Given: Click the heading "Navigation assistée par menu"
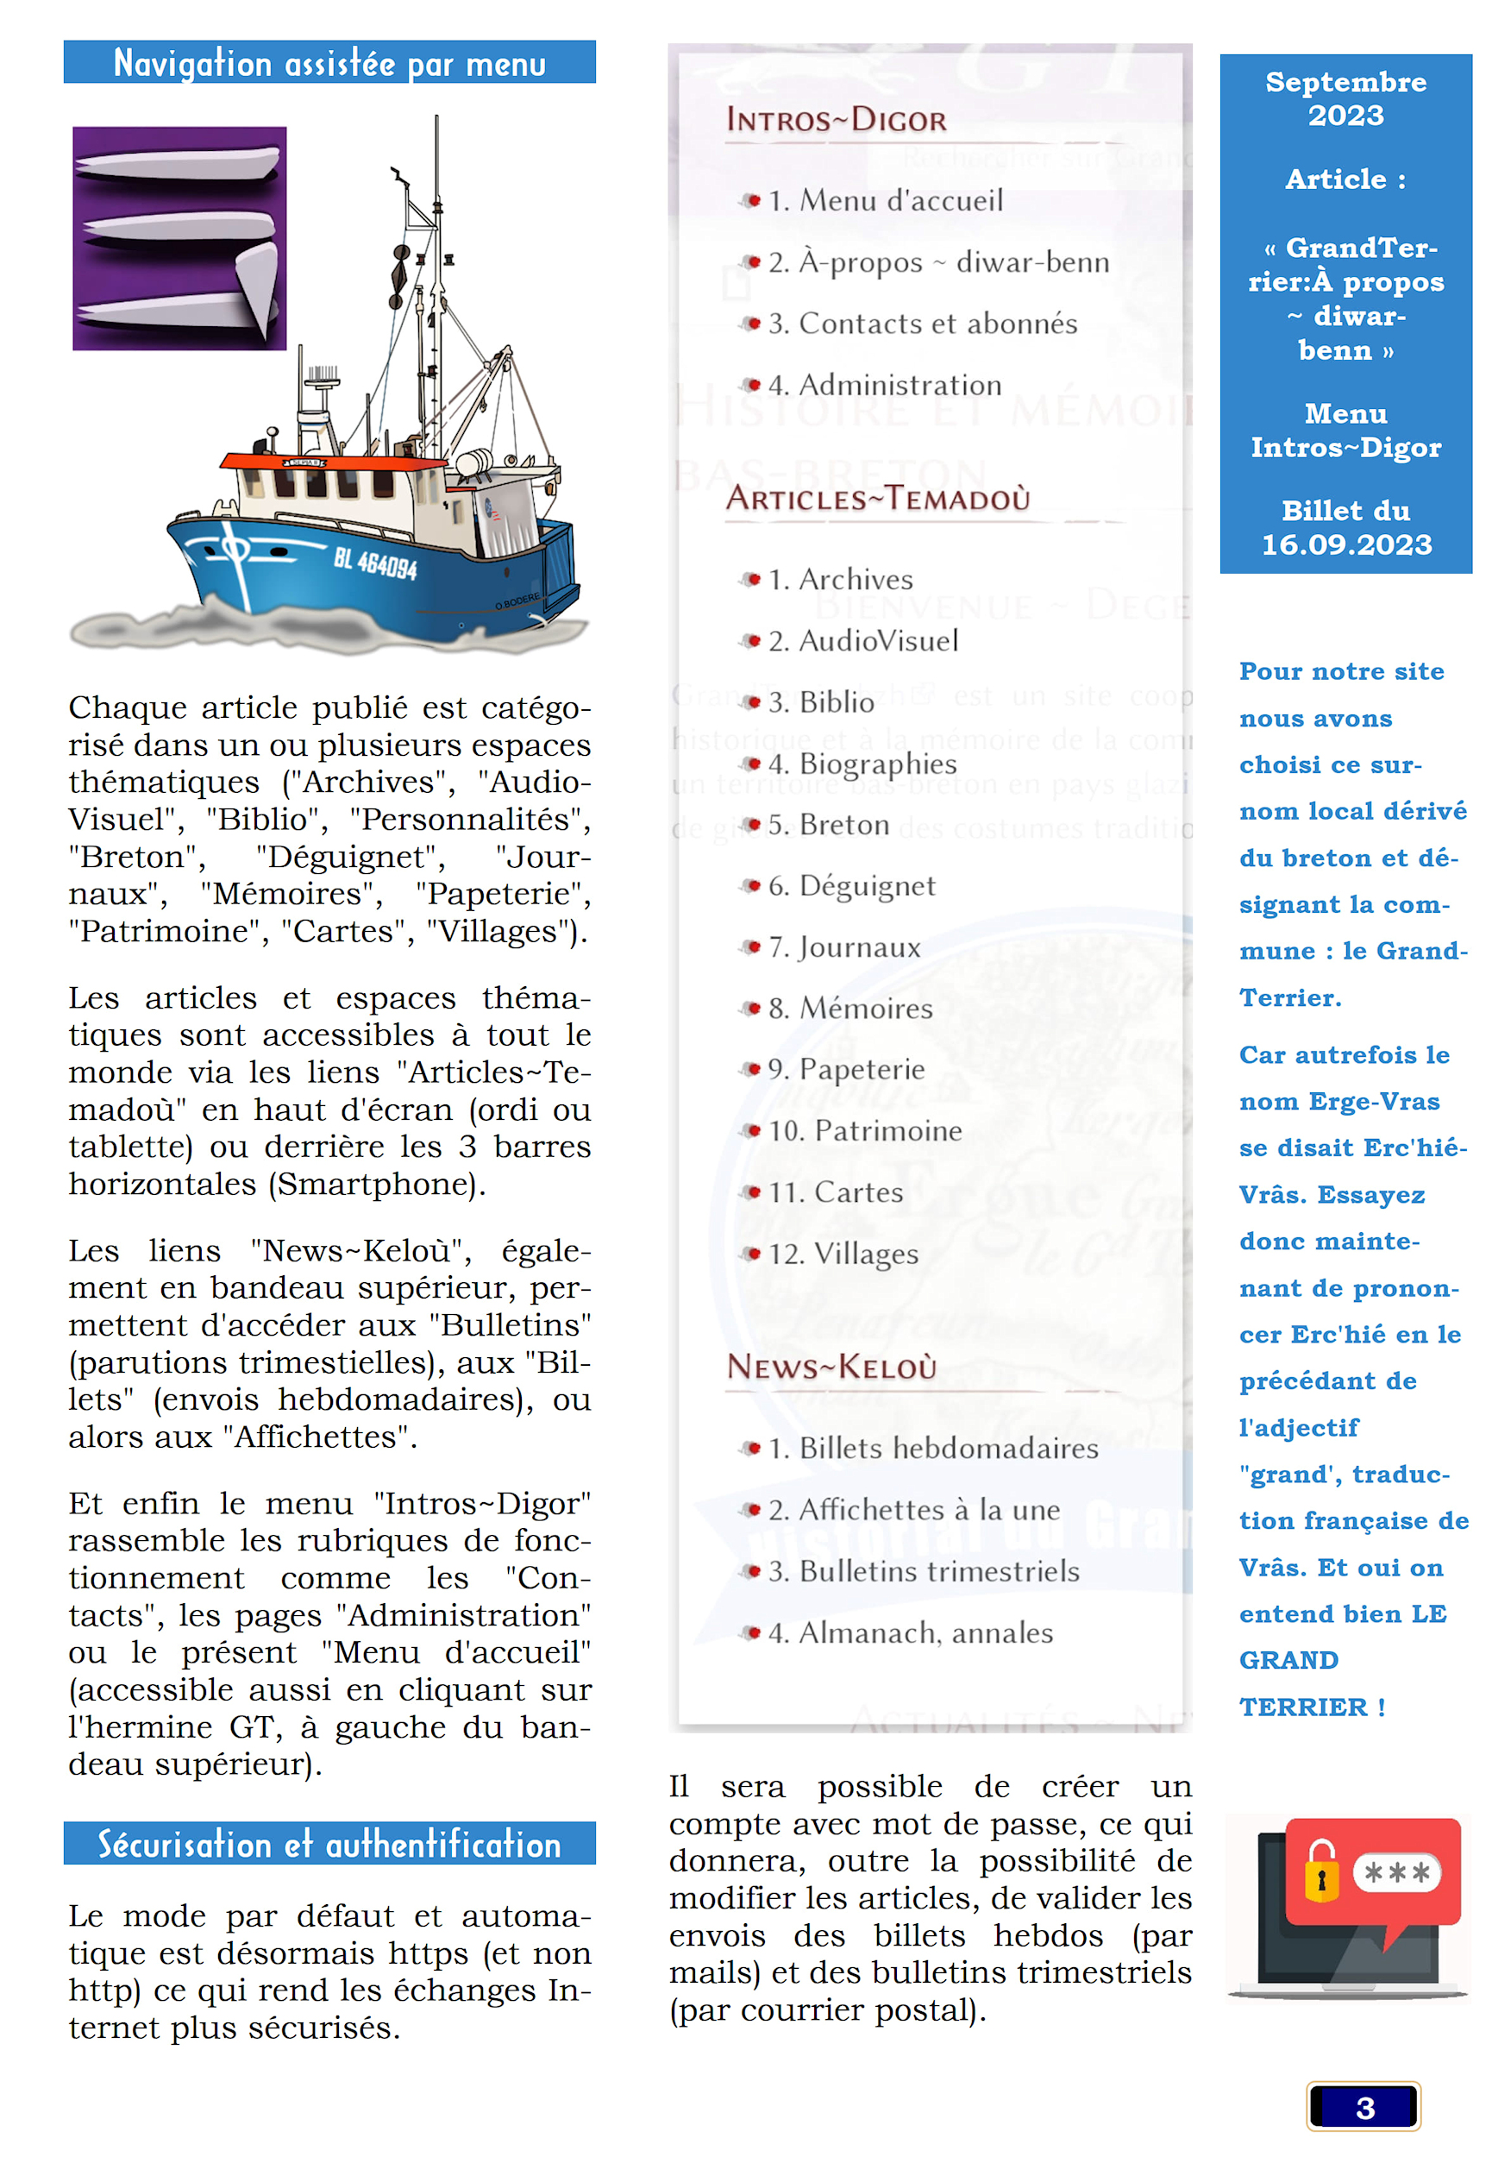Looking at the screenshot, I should pos(329,64).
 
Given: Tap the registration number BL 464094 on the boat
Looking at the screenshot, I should pos(375,562).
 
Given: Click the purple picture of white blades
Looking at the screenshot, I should pos(179,238).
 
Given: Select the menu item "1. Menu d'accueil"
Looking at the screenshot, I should pos(886,201).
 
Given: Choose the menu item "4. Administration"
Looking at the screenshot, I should pos(884,385).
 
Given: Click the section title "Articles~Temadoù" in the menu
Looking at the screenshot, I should pos(878,499).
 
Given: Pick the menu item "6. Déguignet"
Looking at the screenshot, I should pos(851,885).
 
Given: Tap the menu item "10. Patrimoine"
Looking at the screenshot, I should pos(865,1131).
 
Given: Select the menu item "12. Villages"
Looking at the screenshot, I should pos(843,1254).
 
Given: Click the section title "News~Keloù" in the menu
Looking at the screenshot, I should pos(832,1367).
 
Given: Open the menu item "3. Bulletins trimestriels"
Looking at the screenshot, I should pos(924,1572).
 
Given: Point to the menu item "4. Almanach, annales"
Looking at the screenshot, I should pos(911,1633).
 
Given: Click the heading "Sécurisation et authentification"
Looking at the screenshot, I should pos(329,1845).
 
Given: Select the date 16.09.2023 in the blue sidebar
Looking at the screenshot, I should pos(1346,545).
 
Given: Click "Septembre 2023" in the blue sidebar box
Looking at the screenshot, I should pos(1345,98).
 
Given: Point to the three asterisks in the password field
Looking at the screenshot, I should pos(1396,1873).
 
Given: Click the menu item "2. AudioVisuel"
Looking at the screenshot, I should pos(862,641).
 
